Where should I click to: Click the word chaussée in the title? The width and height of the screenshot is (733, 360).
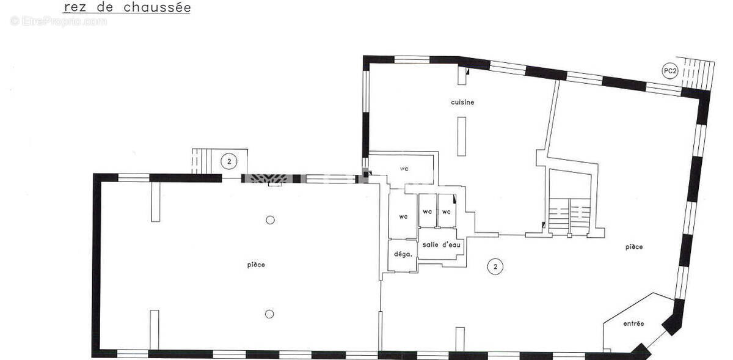pos(158,7)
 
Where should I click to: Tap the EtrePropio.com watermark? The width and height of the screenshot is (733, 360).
pos(58,21)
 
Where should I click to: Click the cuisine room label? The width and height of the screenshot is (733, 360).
pos(462,102)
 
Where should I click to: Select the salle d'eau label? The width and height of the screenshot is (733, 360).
pos(441,244)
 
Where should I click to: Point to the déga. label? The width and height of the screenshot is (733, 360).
pos(403,254)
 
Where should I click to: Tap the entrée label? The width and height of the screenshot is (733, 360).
pos(633,324)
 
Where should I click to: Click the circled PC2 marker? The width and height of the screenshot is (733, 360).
pos(670,71)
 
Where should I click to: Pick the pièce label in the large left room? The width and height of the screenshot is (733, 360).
pos(256,265)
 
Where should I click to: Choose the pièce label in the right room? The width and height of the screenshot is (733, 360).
pos(634,247)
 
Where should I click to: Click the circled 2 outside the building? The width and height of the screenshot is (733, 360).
pos(229,161)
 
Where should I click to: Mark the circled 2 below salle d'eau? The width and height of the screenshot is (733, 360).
pos(495,266)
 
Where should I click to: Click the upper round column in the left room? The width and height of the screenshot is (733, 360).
pos(270,220)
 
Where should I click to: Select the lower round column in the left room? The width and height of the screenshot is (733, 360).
pos(269,314)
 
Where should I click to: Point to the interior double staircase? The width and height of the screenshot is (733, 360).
pos(570,216)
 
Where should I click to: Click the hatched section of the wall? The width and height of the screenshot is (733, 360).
pos(268,178)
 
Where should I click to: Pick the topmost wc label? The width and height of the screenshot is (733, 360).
pos(404,169)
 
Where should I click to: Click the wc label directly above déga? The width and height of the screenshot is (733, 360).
pos(404,217)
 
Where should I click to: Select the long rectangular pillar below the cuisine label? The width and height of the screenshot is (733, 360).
pos(462,136)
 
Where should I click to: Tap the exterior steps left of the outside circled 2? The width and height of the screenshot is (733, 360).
pos(201,161)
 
